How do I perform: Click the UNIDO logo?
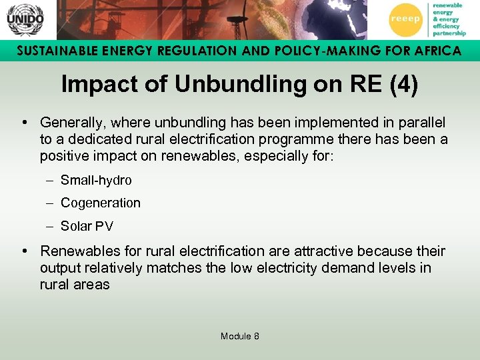pos(24,19)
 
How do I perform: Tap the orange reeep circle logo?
pos(405,19)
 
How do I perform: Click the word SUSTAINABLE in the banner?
pos(54,51)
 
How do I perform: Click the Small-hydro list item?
pos(96,180)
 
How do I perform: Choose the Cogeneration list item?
pos(101,203)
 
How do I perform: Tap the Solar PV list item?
pos(87,226)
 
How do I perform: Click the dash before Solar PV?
pos(51,226)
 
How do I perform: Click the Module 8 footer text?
pos(240,336)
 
